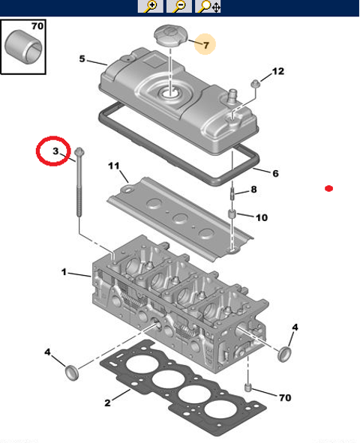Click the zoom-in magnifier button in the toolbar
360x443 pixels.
[151, 6]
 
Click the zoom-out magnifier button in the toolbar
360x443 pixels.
[179, 6]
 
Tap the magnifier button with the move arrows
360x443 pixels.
[208, 6]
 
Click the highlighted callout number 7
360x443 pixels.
[205, 45]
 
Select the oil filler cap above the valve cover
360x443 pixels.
[171, 36]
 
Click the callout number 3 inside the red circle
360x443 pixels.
[55, 151]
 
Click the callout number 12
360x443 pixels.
[277, 71]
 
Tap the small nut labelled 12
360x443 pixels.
[256, 84]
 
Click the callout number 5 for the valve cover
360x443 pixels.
[82, 58]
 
